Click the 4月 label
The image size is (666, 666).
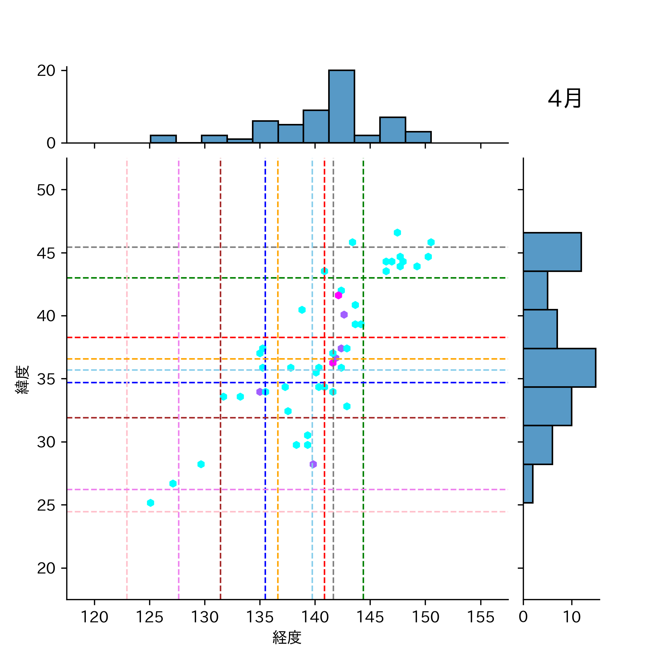click(x=564, y=99)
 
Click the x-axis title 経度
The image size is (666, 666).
click(x=287, y=638)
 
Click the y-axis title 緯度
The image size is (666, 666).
click(x=22, y=380)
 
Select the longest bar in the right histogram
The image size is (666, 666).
click(x=559, y=368)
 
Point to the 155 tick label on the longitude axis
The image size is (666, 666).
click(x=481, y=617)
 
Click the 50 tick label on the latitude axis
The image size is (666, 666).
click(x=46, y=190)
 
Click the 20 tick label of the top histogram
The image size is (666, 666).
click(x=46, y=71)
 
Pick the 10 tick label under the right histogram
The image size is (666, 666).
click(x=572, y=617)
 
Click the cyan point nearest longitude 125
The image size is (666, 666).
click(x=150, y=503)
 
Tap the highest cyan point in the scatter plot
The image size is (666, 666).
click(x=397, y=233)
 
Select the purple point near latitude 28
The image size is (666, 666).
click(x=313, y=464)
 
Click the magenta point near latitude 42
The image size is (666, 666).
click(x=338, y=295)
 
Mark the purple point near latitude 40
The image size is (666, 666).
click(x=344, y=315)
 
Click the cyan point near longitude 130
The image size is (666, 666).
click(x=201, y=464)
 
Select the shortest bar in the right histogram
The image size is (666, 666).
click(x=528, y=484)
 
